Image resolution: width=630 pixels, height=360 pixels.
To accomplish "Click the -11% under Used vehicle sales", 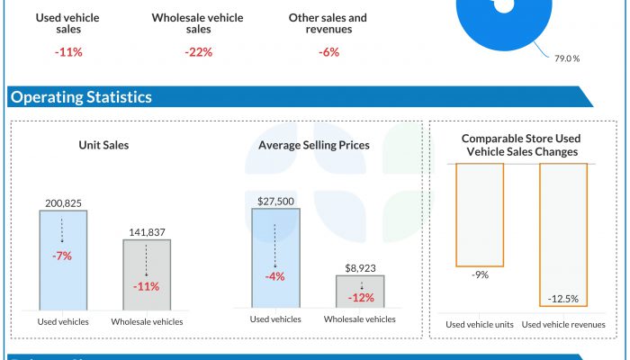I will click(x=68, y=52).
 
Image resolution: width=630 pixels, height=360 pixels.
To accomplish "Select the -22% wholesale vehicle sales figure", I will click(x=198, y=52).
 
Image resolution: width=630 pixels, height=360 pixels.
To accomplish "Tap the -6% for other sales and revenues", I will click(x=328, y=52).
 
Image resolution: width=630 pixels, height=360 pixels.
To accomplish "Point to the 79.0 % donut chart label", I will click(x=567, y=58).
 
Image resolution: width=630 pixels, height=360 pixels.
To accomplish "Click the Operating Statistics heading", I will click(x=80, y=97).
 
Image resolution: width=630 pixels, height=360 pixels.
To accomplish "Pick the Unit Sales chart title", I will click(x=103, y=145).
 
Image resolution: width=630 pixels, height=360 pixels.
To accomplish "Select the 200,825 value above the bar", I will click(x=63, y=202).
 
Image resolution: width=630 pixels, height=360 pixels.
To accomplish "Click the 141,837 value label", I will click(x=146, y=231).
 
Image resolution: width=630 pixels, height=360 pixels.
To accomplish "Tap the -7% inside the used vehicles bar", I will click(x=62, y=256).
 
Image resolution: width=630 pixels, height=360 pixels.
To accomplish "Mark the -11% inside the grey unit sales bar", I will click(x=146, y=286).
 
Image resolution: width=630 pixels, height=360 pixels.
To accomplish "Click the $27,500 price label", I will click(x=275, y=201).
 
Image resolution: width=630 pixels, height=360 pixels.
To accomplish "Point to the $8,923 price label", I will click(x=359, y=267).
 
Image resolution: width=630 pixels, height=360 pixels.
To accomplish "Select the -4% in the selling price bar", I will click(x=274, y=276).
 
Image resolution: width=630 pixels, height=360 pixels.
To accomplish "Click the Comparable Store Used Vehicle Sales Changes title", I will click(x=519, y=145).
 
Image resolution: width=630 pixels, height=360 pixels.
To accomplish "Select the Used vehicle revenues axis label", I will click(x=563, y=324).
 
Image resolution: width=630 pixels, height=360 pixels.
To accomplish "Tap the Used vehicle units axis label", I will click(x=479, y=324).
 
